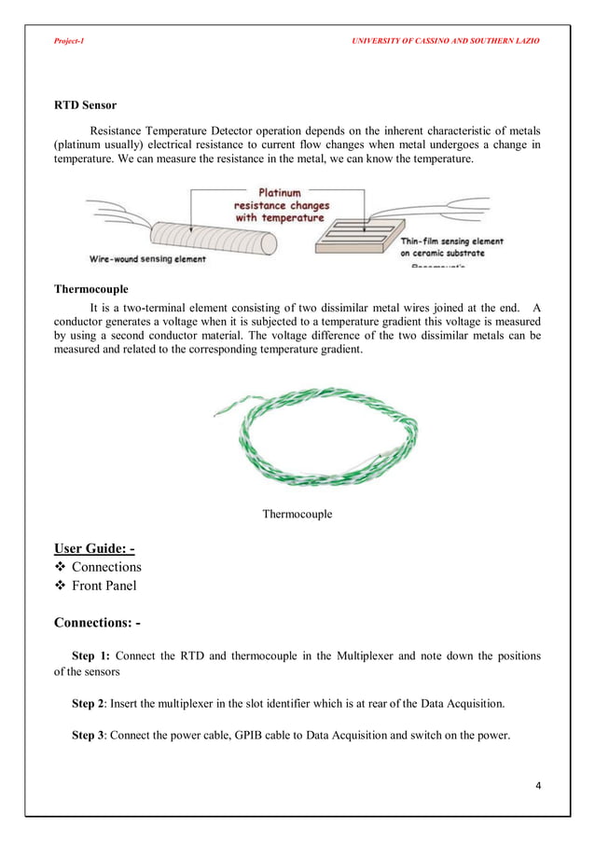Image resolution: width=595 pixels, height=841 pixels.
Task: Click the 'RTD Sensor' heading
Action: click(85, 105)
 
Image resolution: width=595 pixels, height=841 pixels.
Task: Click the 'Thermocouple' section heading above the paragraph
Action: click(90, 289)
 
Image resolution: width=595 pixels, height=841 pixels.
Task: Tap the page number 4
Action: click(537, 784)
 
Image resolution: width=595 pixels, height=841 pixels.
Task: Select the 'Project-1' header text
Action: click(68, 42)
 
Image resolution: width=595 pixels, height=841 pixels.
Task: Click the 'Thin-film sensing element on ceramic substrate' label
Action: click(451, 246)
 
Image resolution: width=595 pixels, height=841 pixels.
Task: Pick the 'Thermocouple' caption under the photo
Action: click(297, 514)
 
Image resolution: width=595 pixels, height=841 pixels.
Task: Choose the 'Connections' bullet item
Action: click(106, 567)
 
